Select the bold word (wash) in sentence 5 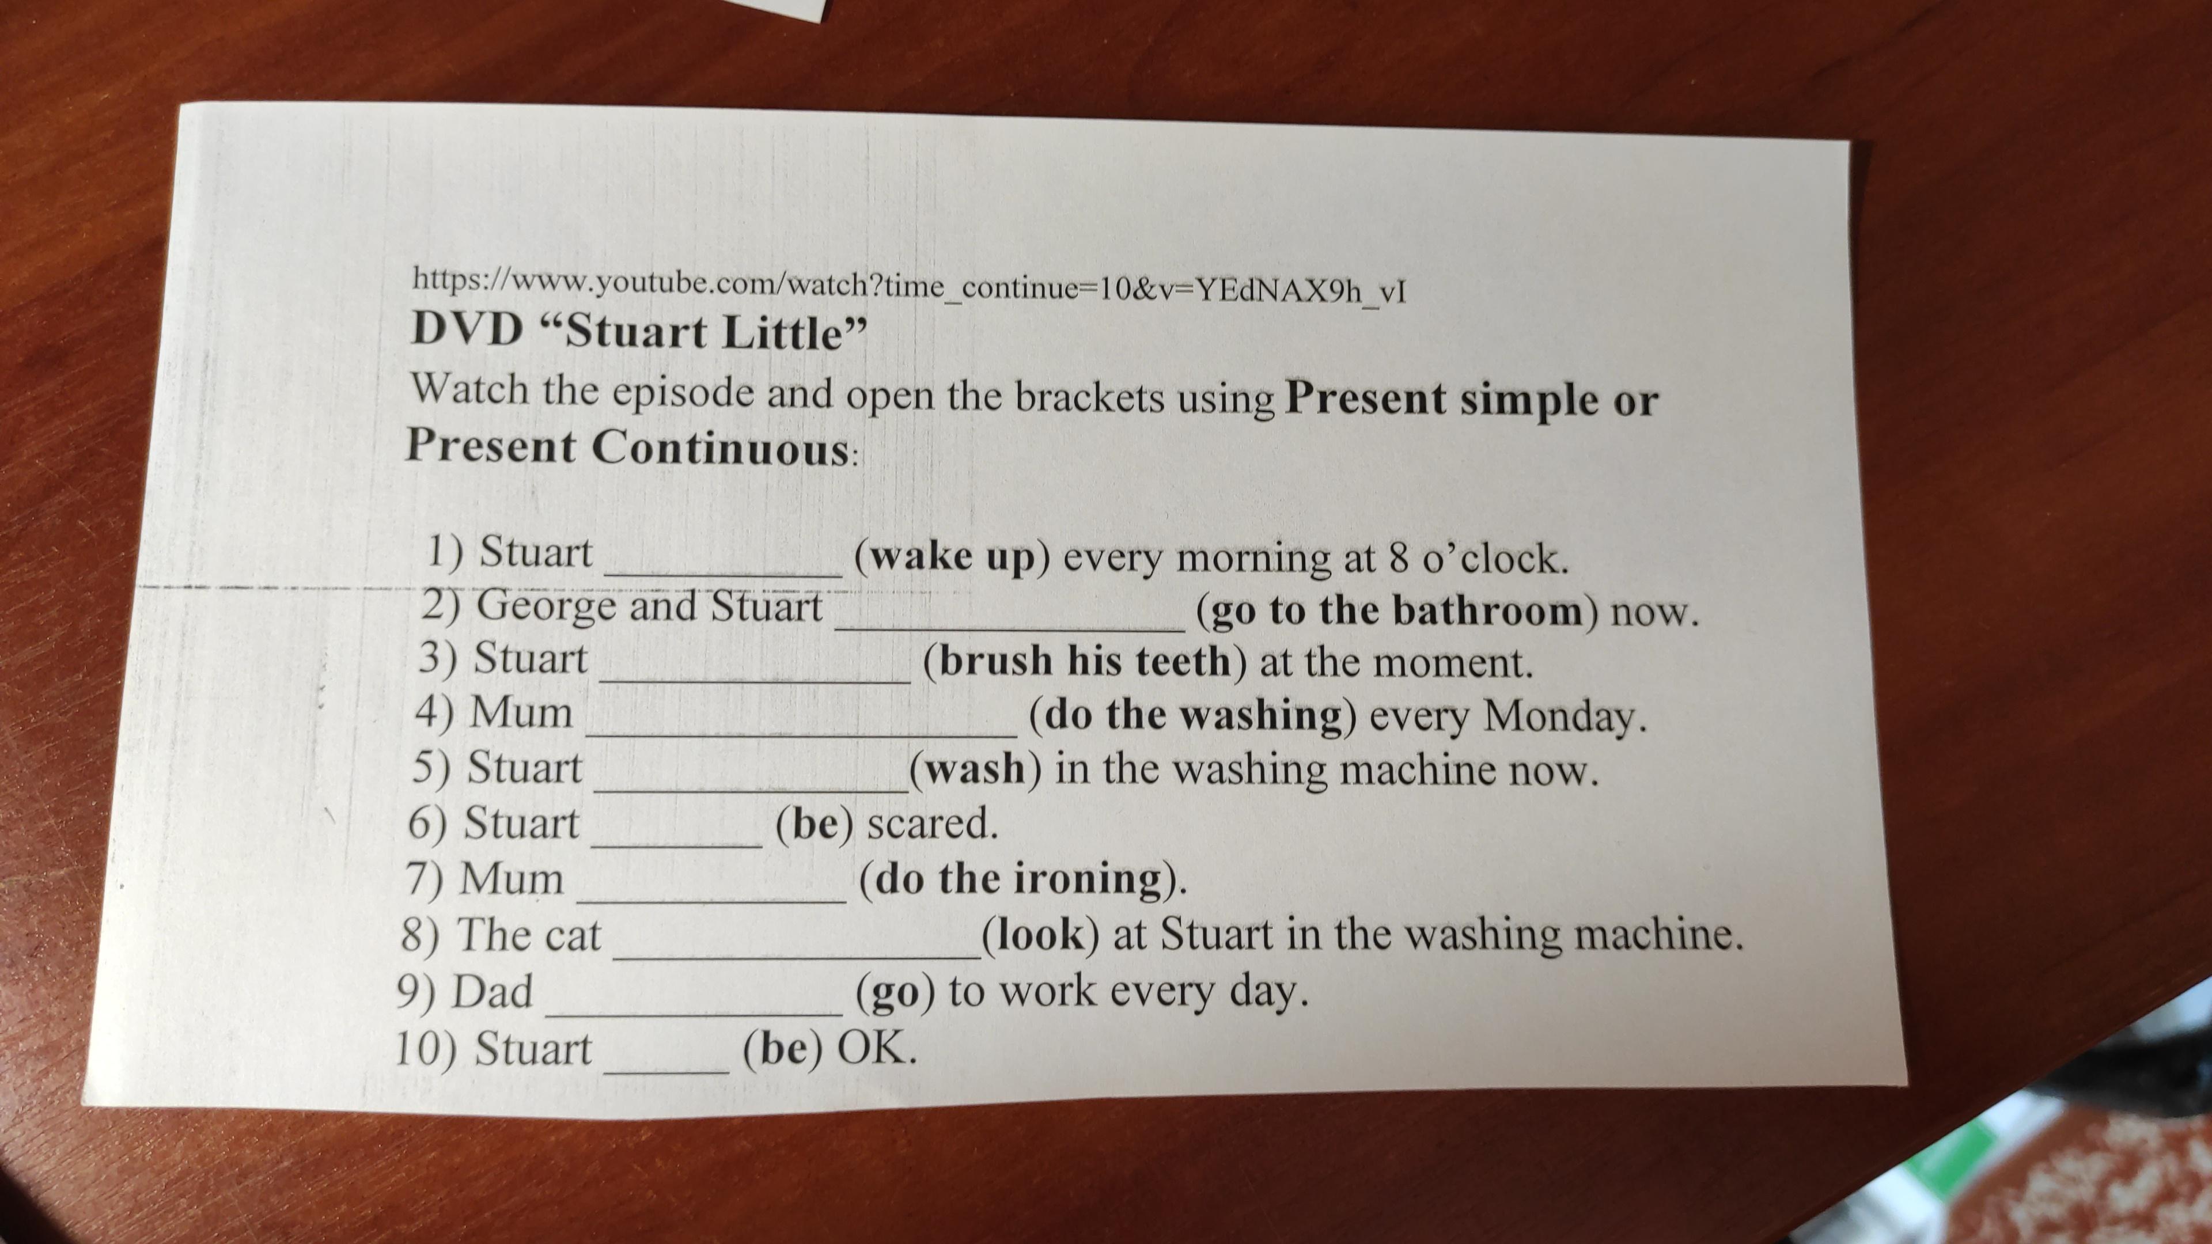tap(975, 768)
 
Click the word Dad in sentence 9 tap(492, 992)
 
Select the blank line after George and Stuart tap(1012, 630)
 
